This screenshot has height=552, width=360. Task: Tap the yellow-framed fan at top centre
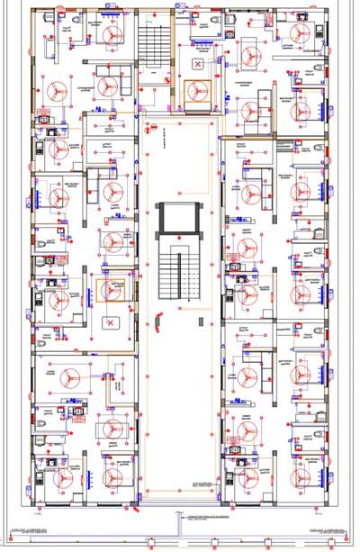197,91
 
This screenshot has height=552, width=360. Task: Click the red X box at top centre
197,66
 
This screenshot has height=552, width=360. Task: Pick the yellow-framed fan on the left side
111,291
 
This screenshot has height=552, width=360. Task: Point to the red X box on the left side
111,321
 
